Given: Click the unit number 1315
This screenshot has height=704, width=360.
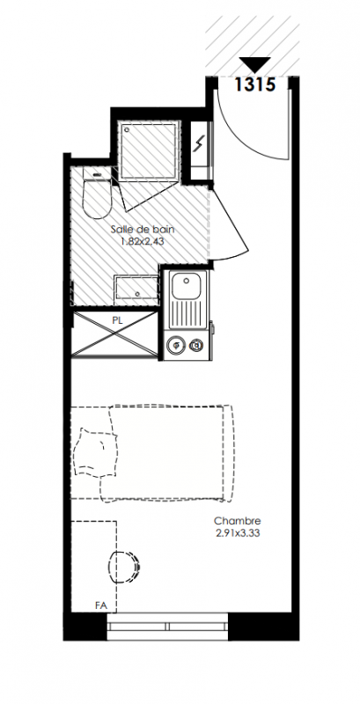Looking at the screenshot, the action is click(x=255, y=84).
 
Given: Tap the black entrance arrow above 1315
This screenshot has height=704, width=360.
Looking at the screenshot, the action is click(x=255, y=64).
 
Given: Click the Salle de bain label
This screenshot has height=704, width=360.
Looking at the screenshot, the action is click(x=143, y=230).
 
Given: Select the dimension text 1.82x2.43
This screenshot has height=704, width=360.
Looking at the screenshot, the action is click(x=143, y=241).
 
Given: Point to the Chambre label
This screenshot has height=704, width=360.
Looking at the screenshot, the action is click(x=238, y=521).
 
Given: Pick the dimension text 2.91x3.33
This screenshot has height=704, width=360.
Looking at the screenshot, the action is click(x=238, y=533).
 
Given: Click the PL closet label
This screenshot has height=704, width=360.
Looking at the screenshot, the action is click(x=118, y=321).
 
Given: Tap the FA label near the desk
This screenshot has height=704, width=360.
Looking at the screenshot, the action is click(x=101, y=605).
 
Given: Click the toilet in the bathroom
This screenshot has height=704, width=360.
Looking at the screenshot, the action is click(x=97, y=193).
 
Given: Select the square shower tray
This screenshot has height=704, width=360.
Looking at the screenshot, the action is click(x=149, y=150).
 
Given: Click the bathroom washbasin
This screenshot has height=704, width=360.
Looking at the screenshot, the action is click(x=136, y=289).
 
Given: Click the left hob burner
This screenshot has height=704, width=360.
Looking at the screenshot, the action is click(x=176, y=345).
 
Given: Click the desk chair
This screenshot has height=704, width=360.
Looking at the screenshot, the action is click(x=124, y=567).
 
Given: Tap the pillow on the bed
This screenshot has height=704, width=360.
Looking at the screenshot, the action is click(x=97, y=450).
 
